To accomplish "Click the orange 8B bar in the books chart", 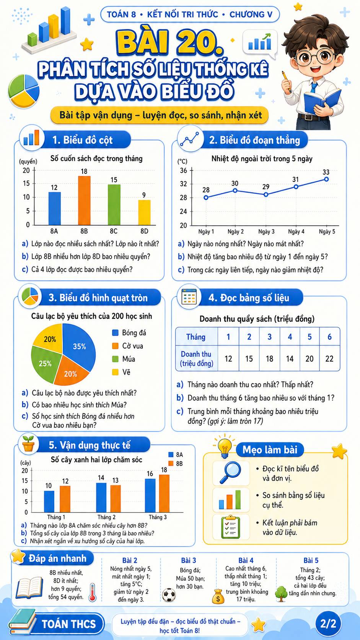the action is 84,200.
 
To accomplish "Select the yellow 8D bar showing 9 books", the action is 144,212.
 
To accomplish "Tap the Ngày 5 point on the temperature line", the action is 326,179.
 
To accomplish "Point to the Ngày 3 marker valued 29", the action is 266,194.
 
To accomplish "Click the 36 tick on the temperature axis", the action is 183,171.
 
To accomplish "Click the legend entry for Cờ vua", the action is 128,346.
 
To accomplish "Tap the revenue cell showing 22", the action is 329,359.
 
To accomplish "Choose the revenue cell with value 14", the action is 290,359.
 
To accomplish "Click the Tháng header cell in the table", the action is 196,337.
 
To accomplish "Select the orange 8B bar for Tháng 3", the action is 164,493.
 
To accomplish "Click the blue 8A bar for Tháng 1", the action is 49,501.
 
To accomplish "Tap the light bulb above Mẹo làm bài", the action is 225,446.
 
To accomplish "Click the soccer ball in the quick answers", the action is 169,595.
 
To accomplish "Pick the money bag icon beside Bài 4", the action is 218,597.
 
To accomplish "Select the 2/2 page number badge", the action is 328,624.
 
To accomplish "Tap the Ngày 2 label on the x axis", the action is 236,232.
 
